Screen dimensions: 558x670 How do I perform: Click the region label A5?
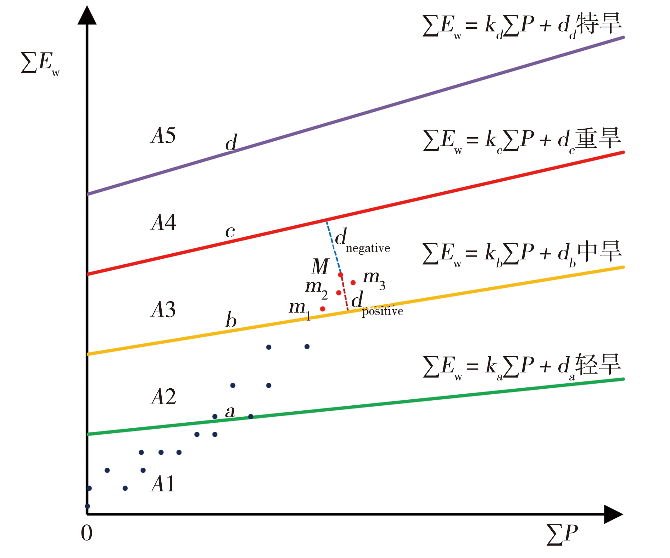(x=163, y=135)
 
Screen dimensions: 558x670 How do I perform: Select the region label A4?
(x=163, y=223)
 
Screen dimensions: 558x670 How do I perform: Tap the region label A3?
(x=163, y=310)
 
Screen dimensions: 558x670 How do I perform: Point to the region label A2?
(x=163, y=396)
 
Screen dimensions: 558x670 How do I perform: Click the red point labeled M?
(x=340, y=275)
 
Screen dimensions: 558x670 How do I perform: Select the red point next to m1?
(x=322, y=309)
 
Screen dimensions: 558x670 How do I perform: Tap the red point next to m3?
(x=353, y=283)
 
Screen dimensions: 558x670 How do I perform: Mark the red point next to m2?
(x=339, y=293)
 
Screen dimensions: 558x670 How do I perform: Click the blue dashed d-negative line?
(x=333, y=248)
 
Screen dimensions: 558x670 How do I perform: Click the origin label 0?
(x=87, y=533)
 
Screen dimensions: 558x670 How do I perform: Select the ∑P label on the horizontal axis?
(x=562, y=534)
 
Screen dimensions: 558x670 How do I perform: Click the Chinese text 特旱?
(x=599, y=24)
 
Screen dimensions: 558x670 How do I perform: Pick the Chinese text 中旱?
(x=599, y=252)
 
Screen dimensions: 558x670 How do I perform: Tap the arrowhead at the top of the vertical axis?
(x=87, y=16)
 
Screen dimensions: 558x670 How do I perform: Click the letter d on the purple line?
(x=231, y=143)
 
